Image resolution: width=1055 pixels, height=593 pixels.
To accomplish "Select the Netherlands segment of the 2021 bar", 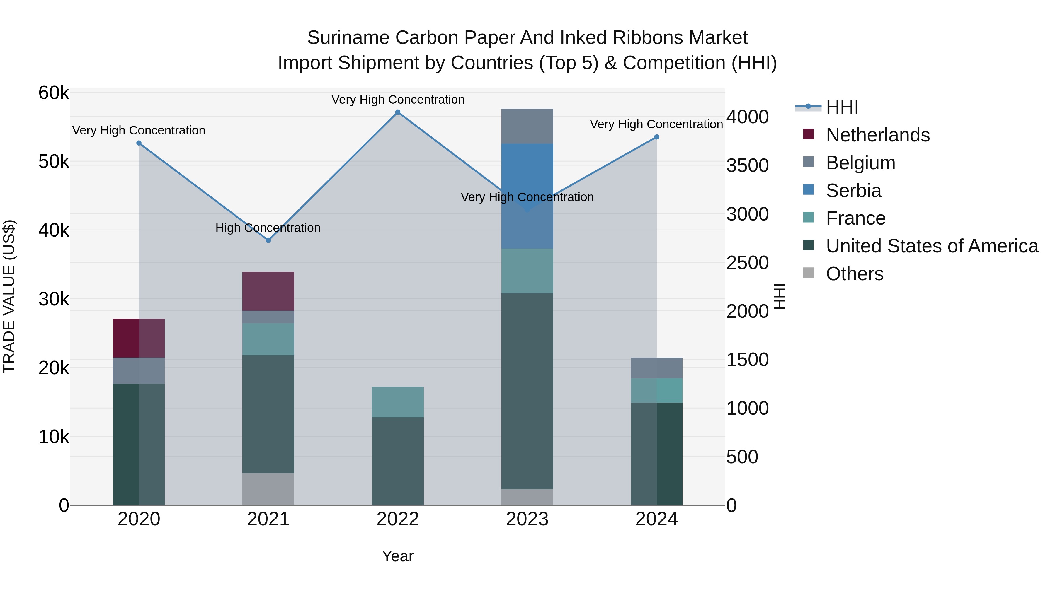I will point(268,291).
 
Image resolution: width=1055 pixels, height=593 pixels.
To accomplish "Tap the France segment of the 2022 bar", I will point(398,401).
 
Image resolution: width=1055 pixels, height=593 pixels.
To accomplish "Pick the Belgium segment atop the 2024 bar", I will point(656,368).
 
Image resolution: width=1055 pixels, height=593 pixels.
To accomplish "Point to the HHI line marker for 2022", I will point(398,112).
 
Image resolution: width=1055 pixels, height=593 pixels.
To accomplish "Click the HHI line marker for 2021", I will point(268,241).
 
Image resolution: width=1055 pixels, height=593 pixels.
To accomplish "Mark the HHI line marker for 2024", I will point(656,137).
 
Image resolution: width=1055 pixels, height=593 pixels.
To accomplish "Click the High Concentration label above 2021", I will point(268,228).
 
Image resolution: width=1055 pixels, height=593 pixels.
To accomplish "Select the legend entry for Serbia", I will point(853,191).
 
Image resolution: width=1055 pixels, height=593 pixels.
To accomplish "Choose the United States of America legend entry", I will point(932,246).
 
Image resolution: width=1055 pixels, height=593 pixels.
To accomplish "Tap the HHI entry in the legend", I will point(842,107).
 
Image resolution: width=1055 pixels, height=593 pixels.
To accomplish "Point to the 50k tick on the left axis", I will point(54,162).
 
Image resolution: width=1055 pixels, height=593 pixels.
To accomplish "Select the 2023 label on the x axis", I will point(527,519).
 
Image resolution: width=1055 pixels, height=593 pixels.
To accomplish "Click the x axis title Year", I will point(398,556).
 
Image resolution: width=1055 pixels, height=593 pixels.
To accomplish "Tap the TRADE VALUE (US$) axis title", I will point(9,296).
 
